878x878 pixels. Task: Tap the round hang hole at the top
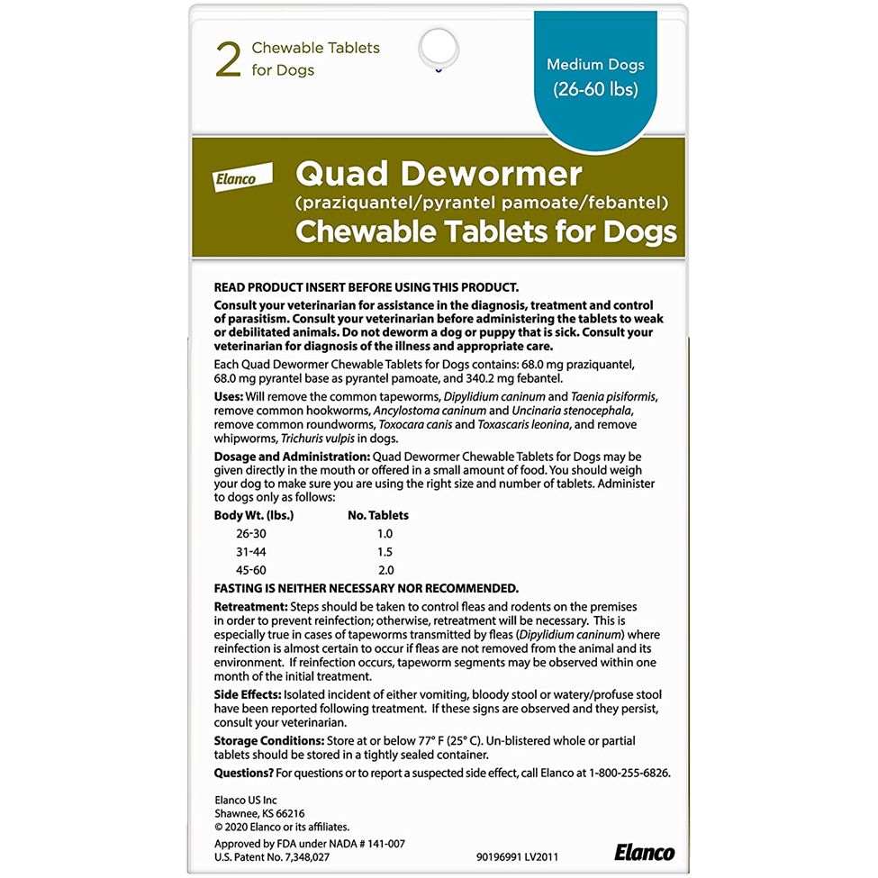pos(439,46)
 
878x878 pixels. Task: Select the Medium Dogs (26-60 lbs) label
pos(595,77)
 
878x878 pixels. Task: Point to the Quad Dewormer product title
pos(439,173)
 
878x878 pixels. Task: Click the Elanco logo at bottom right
pos(644,852)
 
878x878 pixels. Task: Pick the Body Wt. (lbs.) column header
pos(254,515)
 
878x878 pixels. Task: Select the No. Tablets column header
pos(378,515)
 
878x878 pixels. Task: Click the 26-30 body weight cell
pos(251,533)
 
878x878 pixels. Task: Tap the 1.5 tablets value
pos(385,551)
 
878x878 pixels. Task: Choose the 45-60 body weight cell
pos(251,570)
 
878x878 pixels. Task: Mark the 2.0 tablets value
pos(385,570)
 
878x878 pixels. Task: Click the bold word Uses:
pos(229,396)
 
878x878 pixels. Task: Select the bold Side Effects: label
pos(249,694)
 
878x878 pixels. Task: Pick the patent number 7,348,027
pos(307,856)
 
